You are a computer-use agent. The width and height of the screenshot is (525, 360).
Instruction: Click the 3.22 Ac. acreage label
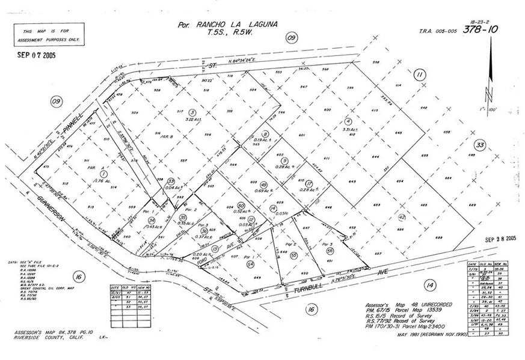click(192, 120)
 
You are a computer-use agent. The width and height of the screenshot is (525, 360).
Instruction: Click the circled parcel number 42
click(402, 218)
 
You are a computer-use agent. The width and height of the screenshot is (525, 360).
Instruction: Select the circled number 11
click(420, 74)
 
